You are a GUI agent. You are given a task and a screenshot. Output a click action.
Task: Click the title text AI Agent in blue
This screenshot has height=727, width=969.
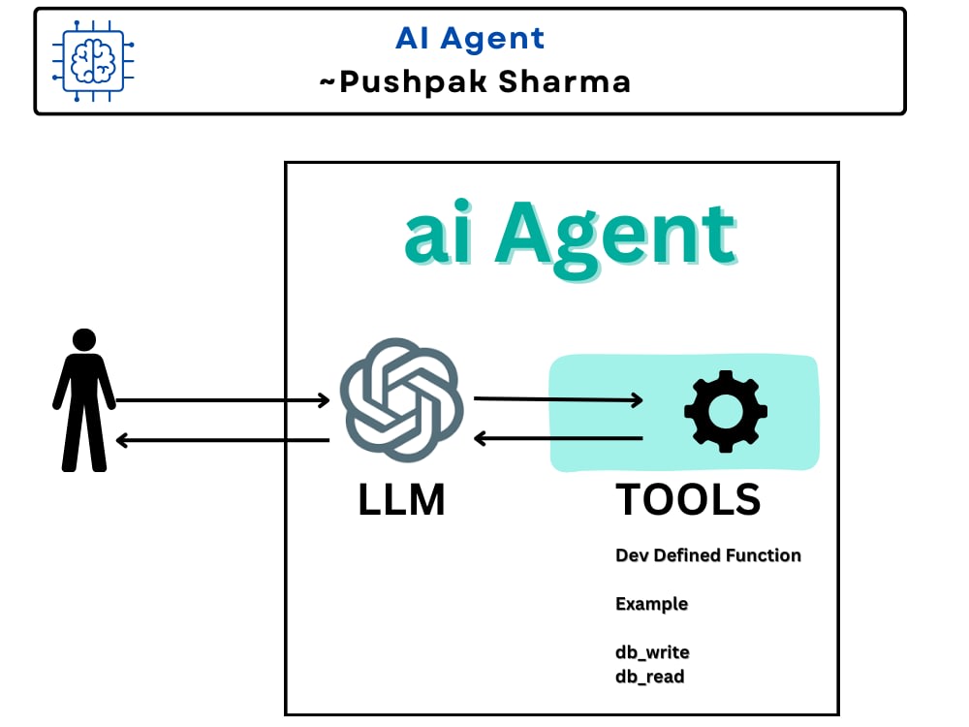(470, 39)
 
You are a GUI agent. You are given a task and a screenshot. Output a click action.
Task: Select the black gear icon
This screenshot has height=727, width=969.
(725, 411)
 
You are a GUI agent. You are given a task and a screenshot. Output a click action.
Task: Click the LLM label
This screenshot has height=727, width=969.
(401, 500)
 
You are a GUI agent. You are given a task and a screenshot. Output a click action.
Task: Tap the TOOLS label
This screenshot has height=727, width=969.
(688, 500)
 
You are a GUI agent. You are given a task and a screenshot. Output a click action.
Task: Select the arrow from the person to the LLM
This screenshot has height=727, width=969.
(223, 399)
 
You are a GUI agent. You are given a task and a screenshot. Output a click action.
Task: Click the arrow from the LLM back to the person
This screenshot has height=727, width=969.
(223, 440)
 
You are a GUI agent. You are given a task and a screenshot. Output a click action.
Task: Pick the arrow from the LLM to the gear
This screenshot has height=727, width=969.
(558, 398)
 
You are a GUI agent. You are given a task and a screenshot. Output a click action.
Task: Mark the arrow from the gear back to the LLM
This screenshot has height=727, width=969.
(558, 439)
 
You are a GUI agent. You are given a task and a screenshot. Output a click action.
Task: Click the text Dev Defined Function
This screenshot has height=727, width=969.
(708, 555)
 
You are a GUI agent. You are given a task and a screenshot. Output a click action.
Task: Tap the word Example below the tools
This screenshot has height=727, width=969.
(651, 604)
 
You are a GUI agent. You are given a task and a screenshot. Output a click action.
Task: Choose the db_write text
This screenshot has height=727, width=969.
(652, 652)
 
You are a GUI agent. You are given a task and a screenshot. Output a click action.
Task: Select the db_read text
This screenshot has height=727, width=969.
(649, 677)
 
